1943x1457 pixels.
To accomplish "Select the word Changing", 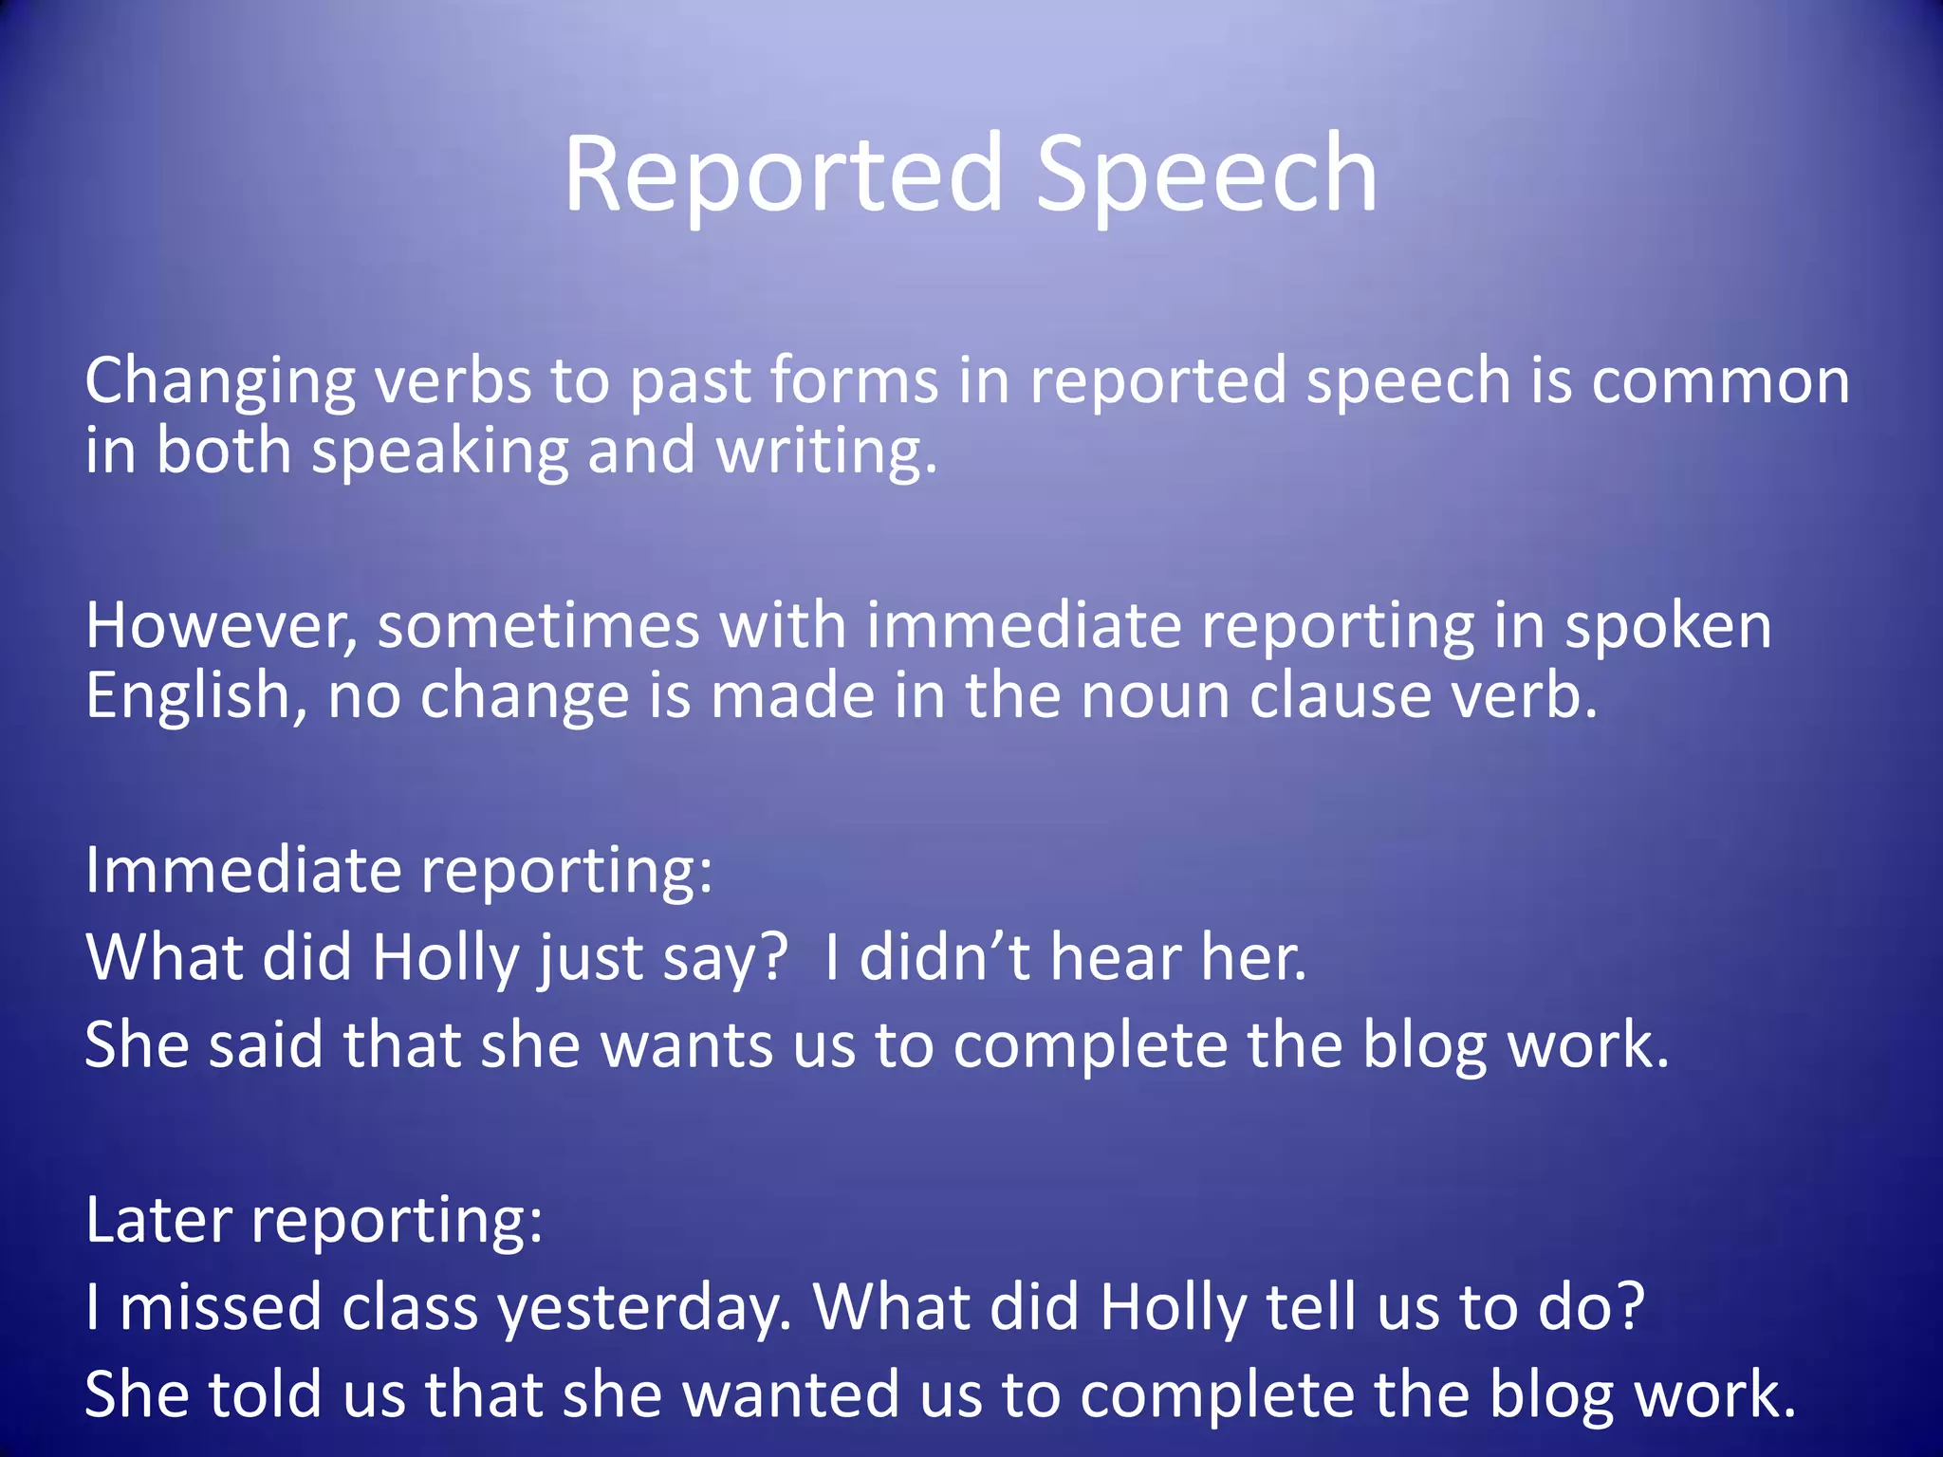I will (220, 381).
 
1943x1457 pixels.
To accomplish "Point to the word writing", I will (826, 452).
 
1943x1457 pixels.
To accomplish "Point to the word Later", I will (158, 1220).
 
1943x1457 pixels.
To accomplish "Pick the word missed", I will (220, 1307).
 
